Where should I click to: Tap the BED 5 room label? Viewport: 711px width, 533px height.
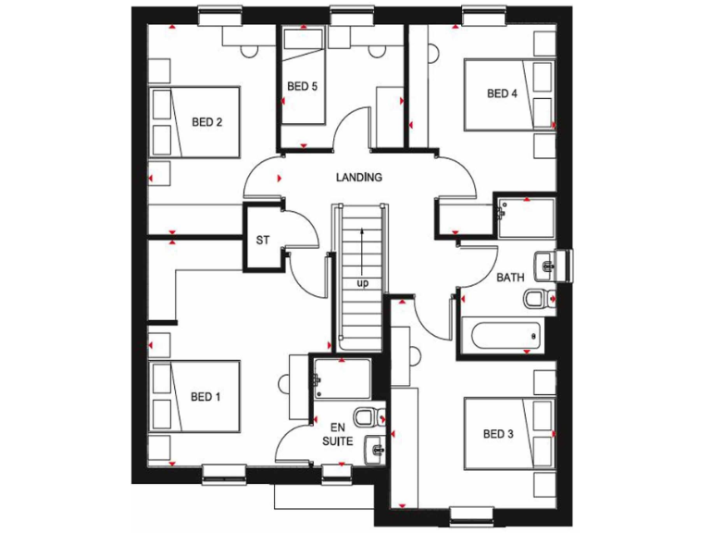click(x=302, y=87)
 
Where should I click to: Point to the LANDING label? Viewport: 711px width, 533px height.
click(x=359, y=177)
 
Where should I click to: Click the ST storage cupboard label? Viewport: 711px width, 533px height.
click(x=262, y=240)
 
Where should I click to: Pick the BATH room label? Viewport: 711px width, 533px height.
click(x=510, y=277)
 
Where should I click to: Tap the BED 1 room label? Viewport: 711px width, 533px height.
click(x=206, y=397)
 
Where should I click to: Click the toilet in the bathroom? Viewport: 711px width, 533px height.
click(x=537, y=299)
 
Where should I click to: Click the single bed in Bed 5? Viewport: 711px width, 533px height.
click(x=303, y=74)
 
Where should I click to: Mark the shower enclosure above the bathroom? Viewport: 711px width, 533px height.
click(x=526, y=217)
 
